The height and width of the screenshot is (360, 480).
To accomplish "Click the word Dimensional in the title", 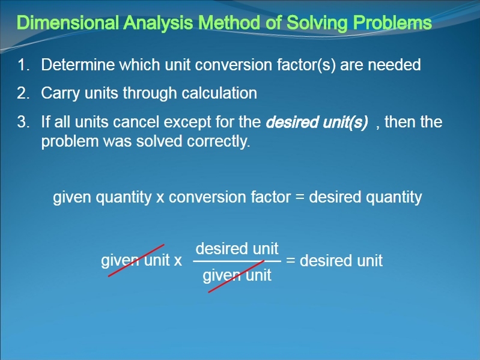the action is click(x=68, y=22).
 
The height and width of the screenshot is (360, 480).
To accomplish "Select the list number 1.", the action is click(x=23, y=65).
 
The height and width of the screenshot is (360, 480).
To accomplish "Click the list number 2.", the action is click(x=23, y=93).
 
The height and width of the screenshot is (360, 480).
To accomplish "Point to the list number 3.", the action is click(x=23, y=122).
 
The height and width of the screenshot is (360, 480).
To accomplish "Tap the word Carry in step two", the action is click(x=61, y=94).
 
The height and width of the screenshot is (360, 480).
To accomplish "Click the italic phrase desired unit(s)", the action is click(x=317, y=123).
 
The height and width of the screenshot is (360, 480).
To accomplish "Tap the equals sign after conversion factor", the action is click(x=300, y=197).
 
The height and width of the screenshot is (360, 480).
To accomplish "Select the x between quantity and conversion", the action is click(x=160, y=198).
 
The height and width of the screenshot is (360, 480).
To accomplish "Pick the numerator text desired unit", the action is click(x=237, y=248).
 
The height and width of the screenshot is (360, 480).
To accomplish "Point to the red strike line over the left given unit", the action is click(x=136, y=260).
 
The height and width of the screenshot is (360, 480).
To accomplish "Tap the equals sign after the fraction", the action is click(x=291, y=260).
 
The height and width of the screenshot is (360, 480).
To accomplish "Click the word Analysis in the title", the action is click(x=158, y=23).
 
